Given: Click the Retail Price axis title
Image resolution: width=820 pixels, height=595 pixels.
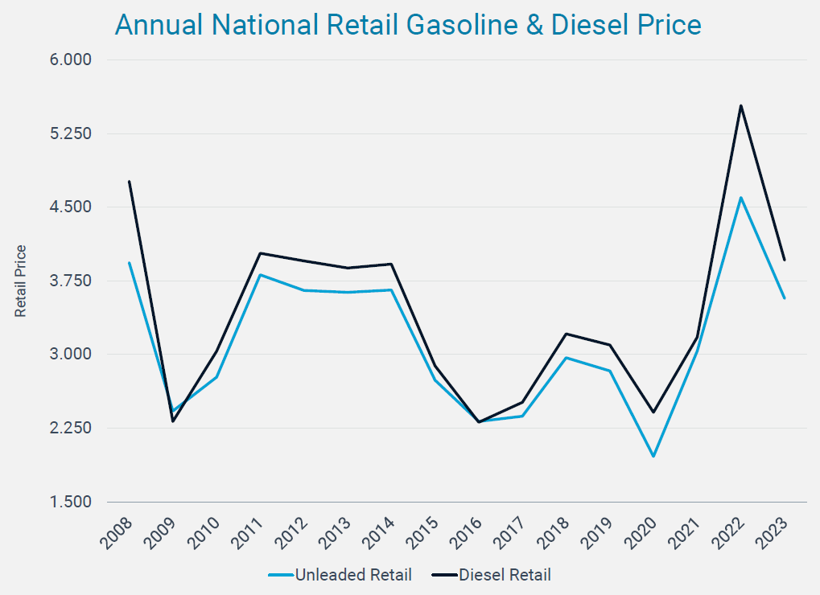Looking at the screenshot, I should coord(21,281).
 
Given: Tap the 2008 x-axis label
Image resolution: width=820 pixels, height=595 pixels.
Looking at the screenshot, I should coord(117,532).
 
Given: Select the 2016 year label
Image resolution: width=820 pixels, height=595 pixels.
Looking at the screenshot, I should coord(467,532).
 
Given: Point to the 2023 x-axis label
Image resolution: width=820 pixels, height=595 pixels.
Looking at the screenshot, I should coord(773,532).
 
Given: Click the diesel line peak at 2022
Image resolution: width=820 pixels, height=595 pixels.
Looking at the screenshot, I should coord(740,105).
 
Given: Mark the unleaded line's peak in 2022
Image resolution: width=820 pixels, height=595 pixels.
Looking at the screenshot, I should coord(740,198).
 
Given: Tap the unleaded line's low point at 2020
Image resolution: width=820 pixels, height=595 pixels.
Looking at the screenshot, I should coord(653,456).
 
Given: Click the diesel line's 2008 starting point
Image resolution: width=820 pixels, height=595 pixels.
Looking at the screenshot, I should coord(129,182).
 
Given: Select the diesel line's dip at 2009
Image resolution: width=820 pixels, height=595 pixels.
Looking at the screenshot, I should coord(173,421).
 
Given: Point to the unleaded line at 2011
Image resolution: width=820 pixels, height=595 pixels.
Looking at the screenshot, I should coord(260,275).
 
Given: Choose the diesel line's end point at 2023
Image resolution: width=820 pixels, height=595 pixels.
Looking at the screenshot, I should coord(784,260).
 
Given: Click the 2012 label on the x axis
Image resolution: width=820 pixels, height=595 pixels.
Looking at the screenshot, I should coord(292,532).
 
